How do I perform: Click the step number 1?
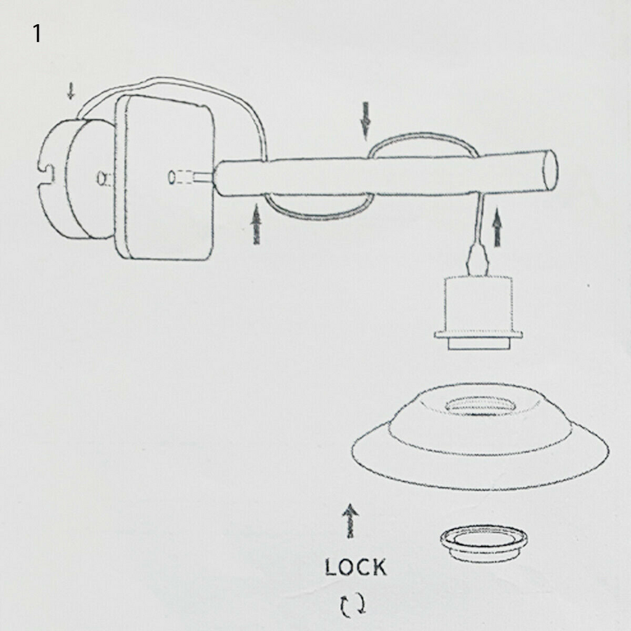tap(36, 33)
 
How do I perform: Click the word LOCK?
tap(356, 568)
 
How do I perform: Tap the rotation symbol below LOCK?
tap(353, 605)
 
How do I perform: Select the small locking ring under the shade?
tap(484, 542)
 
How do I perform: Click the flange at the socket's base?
tap(478, 335)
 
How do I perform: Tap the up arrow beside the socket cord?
tap(498, 227)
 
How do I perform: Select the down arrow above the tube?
tap(366, 121)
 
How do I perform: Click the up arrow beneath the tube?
tap(256, 224)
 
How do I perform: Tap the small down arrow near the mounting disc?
tap(71, 91)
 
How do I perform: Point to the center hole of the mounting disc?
tap(100, 177)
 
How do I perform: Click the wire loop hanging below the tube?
tap(320, 213)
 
